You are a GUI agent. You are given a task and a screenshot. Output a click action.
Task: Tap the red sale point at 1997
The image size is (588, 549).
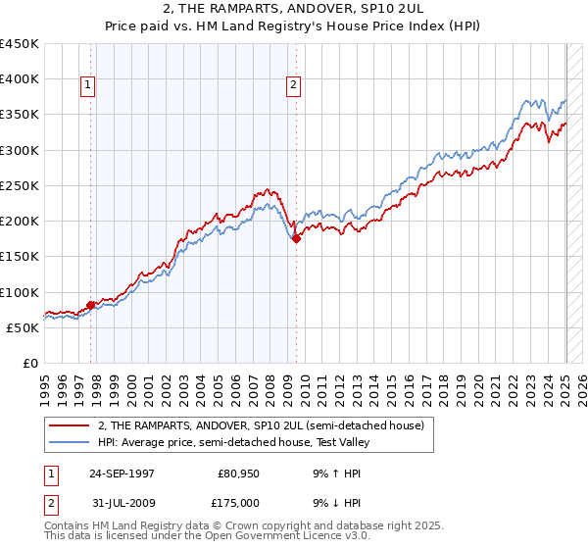click(x=91, y=305)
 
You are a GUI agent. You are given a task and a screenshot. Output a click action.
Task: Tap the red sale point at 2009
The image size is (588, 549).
click(x=296, y=238)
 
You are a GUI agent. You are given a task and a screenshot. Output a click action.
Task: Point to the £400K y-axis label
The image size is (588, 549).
click(x=19, y=79)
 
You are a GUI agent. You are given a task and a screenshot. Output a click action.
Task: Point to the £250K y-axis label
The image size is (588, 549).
click(x=19, y=185)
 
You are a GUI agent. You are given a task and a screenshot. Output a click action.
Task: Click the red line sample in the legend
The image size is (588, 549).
click(x=68, y=426)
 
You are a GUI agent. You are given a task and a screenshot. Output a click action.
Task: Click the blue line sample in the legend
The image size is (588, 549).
click(x=68, y=442)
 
